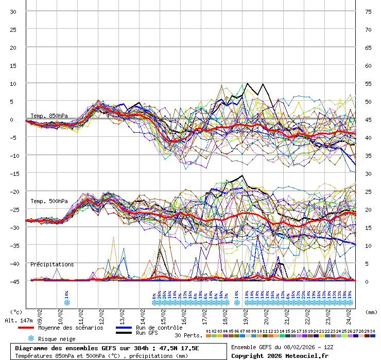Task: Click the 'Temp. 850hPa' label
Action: (x=49, y=116)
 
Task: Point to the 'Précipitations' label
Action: (x=52, y=264)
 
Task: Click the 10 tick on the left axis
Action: (x=13, y=83)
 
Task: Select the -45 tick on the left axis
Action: (x=13, y=281)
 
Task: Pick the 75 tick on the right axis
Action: (x=368, y=12)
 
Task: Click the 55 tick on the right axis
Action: (x=368, y=83)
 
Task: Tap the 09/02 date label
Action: (x=40, y=314)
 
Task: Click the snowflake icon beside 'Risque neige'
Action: (x=31, y=338)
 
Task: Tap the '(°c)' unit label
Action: (x=16, y=312)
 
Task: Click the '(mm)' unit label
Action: (x=371, y=312)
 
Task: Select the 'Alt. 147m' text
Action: (x=19, y=320)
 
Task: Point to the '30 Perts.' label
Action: (x=187, y=335)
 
